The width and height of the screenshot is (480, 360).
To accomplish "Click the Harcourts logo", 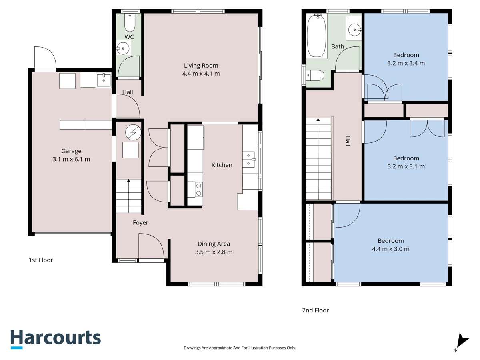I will tap(55, 338).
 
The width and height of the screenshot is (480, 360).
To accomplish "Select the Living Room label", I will tap(201, 66).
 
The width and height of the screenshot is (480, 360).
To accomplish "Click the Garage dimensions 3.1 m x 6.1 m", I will tap(71, 159).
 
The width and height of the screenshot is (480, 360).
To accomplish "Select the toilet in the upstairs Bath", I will tap(316, 75).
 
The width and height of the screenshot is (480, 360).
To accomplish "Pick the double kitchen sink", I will tap(250, 159).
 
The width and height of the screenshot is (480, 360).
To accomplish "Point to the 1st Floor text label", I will tap(41, 260).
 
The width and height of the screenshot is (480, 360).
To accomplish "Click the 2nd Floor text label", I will tap(316, 310).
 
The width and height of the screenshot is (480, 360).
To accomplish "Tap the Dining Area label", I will tap(214, 244).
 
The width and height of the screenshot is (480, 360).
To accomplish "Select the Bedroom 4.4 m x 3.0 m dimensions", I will tap(390, 249).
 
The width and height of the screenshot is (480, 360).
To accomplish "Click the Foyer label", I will tap(140, 222).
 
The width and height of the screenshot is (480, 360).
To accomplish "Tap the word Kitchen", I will tap(222, 165).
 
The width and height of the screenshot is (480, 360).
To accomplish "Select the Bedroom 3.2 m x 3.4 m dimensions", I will tap(406, 63).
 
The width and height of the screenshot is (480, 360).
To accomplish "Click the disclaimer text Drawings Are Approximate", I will tap(240, 348).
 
